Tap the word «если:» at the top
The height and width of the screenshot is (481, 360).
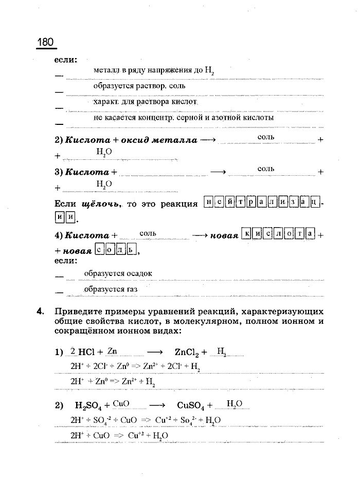[66, 60]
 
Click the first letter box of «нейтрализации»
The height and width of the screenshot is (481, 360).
[208, 203]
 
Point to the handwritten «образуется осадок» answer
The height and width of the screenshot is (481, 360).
[118, 273]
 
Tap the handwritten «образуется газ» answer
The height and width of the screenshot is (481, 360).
[111, 289]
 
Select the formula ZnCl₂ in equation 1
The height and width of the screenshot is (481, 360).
[186, 353]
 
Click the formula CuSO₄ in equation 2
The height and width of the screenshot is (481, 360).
[191, 406]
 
